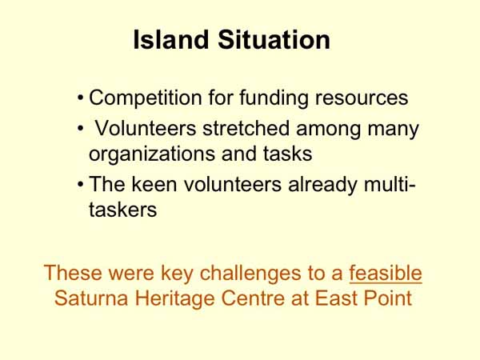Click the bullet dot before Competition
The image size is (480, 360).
coord(81,100)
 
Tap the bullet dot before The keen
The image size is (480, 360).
coord(81,185)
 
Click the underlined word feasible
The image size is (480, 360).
coord(386,273)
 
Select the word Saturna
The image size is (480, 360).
coord(90,299)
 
